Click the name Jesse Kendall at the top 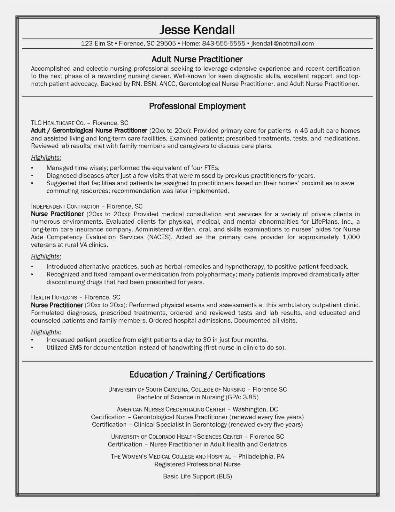(x=197, y=30)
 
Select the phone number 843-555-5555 (x=223, y=44)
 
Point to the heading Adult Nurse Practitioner (x=197, y=59)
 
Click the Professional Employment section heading (x=197, y=106)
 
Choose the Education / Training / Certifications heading (x=197, y=374)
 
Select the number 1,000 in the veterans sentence (x=351, y=237)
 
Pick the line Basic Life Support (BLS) (x=197, y=476)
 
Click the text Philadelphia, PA (x=261, y=456)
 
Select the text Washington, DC (x=255, y=409)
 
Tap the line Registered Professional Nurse (x=197, y=464)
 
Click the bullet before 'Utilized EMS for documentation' (x=32, y=348)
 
